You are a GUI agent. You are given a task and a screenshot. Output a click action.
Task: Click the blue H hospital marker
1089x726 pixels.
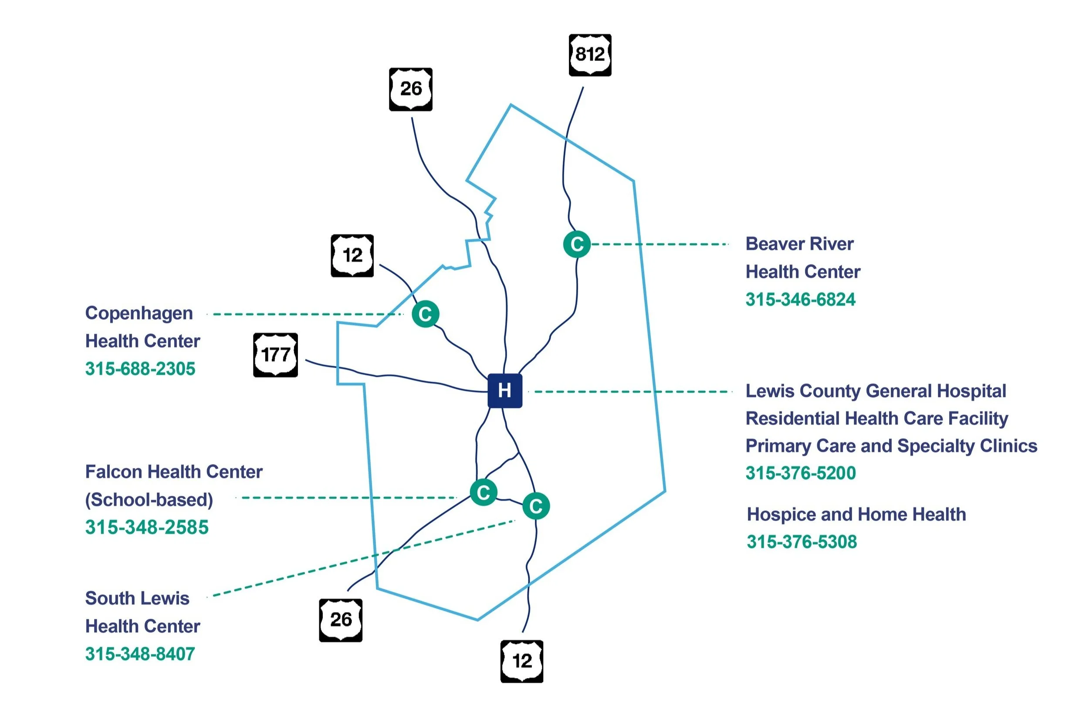point(504,391)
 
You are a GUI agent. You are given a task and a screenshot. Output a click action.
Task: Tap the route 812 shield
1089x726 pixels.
point(590,54)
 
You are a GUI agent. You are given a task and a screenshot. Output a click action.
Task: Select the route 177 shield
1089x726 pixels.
point(275,355)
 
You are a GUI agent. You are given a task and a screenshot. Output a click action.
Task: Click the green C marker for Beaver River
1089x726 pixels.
point(577,244)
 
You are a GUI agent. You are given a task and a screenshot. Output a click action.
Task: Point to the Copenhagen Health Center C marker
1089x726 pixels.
point(425,314)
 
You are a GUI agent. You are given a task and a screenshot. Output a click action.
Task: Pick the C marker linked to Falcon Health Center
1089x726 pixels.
point(483,492)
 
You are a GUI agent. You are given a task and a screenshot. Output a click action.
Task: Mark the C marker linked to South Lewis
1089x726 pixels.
point(535,505)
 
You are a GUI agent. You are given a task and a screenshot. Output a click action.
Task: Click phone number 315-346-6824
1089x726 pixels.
point(800,299)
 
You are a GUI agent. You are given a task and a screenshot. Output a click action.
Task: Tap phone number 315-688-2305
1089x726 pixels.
point(140,369)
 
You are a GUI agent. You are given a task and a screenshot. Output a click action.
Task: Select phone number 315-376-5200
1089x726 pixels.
point(800,473)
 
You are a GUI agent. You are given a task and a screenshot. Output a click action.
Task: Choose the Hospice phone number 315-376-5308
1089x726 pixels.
point(801,541)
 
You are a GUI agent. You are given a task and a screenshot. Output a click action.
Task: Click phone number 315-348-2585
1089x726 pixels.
point(146,527)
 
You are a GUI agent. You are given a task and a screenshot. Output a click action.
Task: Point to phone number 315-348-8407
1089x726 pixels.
point(140,654)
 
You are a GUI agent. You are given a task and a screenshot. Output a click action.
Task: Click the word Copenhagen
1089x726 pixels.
point(139,313)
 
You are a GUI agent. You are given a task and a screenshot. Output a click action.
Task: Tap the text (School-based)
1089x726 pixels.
point(149,499)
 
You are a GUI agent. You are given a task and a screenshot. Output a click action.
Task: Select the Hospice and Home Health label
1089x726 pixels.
point(856,514)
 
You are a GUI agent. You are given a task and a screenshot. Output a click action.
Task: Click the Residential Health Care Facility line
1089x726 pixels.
point(876,418)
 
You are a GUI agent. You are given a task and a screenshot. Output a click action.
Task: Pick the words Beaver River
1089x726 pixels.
point(799,244)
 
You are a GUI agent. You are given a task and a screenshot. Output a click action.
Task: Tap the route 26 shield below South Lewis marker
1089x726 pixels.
point(340,620)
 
